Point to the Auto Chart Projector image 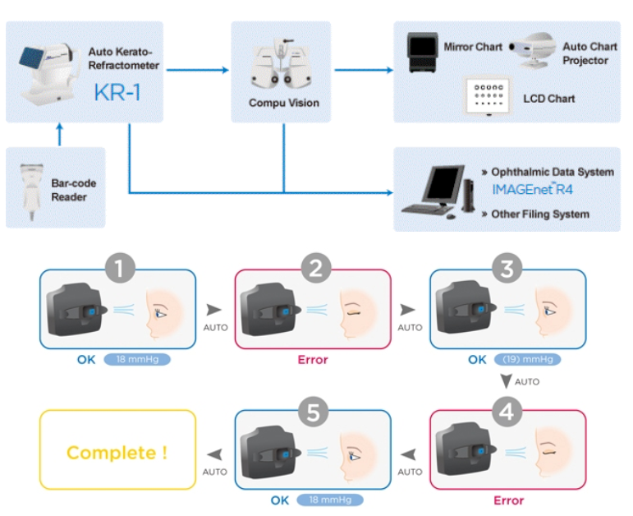531,53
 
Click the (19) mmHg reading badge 525,359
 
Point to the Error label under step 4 508,500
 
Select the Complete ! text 117,453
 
